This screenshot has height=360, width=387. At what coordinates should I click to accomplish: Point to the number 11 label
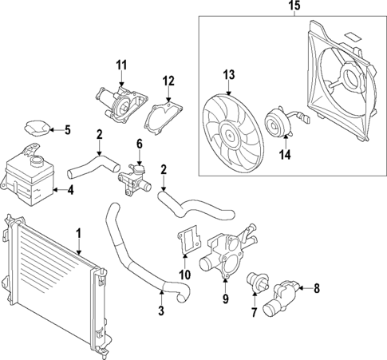[121, 64]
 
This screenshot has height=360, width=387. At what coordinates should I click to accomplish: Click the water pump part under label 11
[122, 104]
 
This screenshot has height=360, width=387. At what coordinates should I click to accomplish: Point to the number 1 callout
[78, 234]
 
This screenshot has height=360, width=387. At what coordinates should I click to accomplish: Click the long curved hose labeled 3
[136, 255]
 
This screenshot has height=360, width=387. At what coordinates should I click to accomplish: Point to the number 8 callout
[316, 288]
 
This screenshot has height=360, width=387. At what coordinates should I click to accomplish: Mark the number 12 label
[168, 80]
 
